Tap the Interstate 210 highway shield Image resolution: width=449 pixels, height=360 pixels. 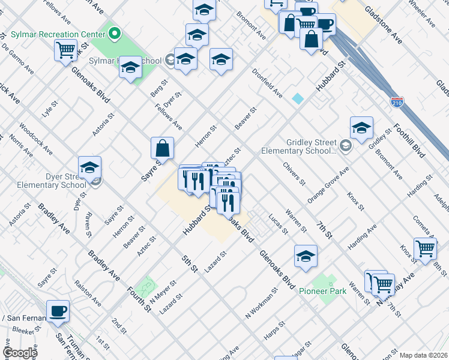pyautogui.click(x=396, y=103)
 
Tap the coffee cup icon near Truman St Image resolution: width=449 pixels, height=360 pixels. pyautogui.click(x=58, y=311)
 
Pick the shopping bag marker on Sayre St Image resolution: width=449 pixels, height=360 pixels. pyautogui.click(x=162, y=148)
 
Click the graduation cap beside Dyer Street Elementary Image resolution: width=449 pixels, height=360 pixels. pyautogui.click(x=89, y=167)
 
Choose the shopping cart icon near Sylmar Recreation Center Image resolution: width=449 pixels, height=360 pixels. pyautogui.click(x=66, y=50)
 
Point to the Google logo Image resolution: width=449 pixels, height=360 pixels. pyautogui.click(x=20, y=352)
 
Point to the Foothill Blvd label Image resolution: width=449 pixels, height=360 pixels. pyautogui.click(x=409, y=141)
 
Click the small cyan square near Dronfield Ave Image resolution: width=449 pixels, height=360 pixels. pyautogui.click(x=298, y=98)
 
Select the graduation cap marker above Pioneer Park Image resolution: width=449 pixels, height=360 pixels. pyautogui.click(x=306, y=256)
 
